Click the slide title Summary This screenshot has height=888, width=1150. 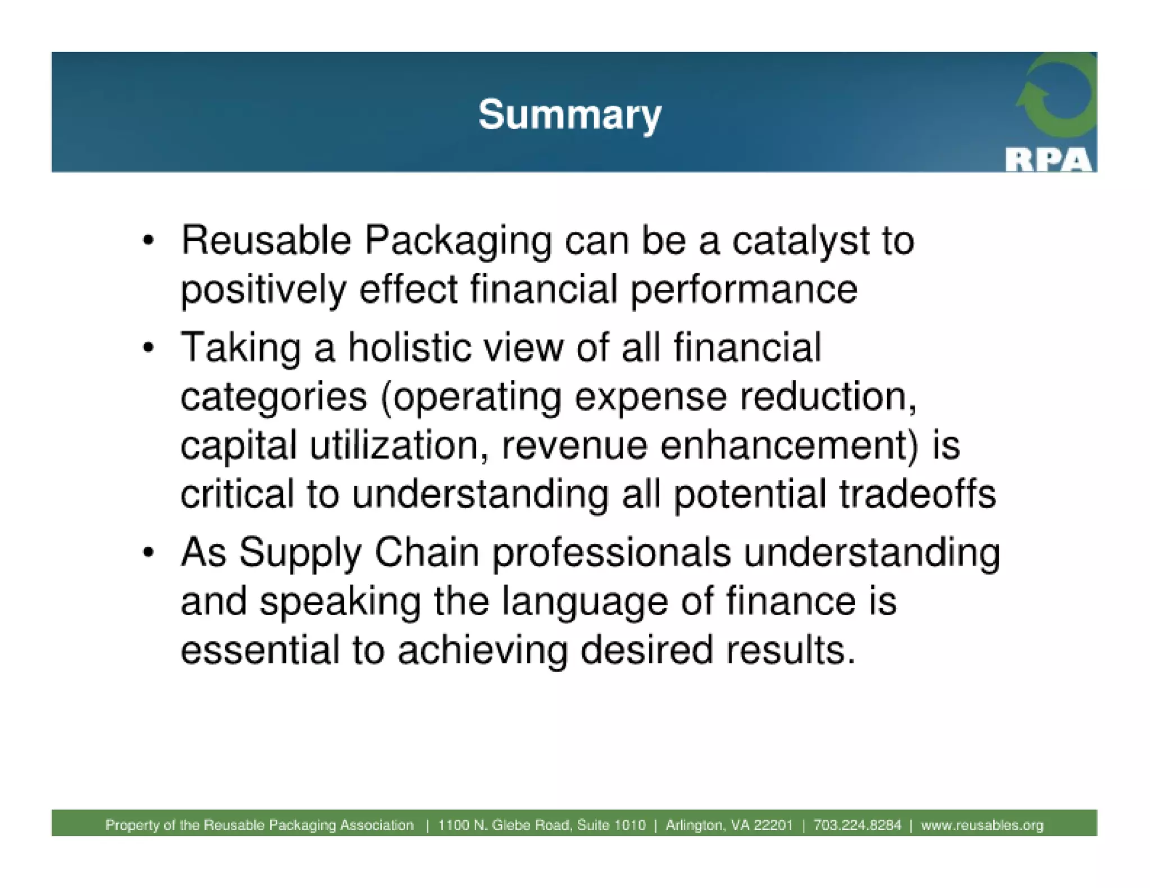click(x=569, y=115)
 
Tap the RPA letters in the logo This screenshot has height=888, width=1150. click(x=1048, y=161)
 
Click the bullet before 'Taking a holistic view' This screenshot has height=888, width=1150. click(x=148, y=347)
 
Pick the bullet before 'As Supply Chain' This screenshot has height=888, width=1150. click(x=148, y=552)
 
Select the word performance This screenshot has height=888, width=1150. click(x=743, y=291)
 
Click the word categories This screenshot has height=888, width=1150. click(x=273, y=397)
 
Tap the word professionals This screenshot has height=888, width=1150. click(x=611, y=552)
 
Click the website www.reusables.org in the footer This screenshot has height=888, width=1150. click(x=982, y=825)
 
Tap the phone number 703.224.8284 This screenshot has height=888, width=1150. click(x=856, y=825)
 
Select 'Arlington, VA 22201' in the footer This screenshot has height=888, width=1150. click(x=729, y=825)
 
